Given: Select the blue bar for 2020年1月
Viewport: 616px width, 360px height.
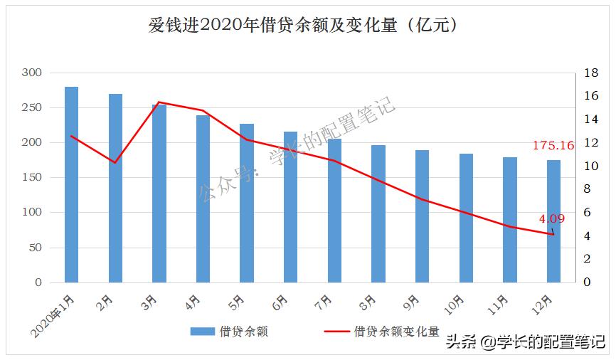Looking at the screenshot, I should point(71,185).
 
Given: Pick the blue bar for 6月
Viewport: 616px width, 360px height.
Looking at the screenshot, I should point(290,207).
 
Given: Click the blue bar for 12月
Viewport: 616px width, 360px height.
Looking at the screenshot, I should point(553,221).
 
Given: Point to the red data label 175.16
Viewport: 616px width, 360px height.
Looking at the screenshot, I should point(553,146).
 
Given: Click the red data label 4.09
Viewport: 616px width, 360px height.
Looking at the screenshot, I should point(553,219).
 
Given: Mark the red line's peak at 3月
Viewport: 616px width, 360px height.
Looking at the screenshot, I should point(159,102).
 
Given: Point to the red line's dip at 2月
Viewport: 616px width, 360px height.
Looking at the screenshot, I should point(115,163).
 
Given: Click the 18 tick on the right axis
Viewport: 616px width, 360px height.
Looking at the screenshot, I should point(591,73).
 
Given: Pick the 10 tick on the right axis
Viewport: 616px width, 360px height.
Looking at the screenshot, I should point(591,166).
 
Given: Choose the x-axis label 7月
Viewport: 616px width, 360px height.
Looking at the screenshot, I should point(324,302).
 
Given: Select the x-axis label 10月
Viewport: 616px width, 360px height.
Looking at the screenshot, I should point(454,305).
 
